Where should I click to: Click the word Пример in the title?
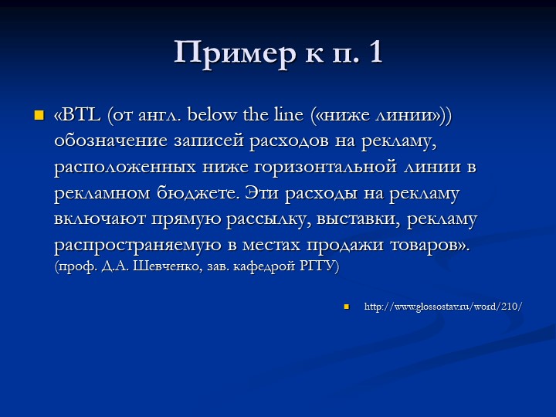[235, 53]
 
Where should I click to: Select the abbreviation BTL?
[81, 115]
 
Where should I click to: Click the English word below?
[211, 114]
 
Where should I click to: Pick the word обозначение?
[110, 141]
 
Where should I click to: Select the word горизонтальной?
[326, 167]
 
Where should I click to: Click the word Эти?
[261, 193]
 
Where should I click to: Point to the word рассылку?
[269, 219]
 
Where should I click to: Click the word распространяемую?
[138, 246]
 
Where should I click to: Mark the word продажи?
[344, 246]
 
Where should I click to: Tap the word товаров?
[425, 246]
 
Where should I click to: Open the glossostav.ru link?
[443, 307]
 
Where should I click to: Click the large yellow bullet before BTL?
[39, 115]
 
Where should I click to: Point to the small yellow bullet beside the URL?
[347, 307]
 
